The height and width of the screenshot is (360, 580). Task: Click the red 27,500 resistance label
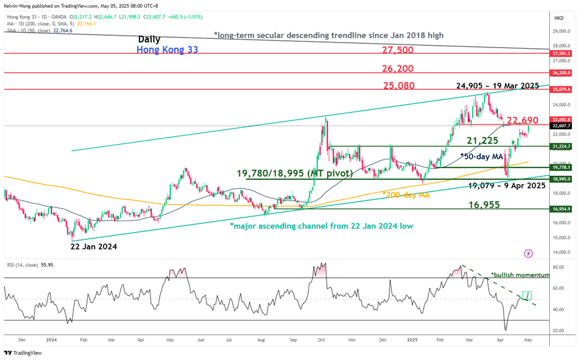point(397,49)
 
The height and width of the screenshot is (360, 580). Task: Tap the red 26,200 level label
point(397,69)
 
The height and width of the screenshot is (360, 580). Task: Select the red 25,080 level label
point(398,86)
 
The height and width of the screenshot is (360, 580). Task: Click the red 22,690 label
point(523,120)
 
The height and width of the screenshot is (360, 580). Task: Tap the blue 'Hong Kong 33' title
point(168,49)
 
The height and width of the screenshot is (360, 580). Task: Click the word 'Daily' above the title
point(149,39)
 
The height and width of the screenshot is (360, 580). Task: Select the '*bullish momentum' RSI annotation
point(519,275)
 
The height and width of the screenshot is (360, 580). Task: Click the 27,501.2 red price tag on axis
point(561,54)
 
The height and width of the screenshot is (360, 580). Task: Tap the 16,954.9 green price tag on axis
point(561,209)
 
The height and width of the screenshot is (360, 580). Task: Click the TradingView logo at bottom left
point(23,353)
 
